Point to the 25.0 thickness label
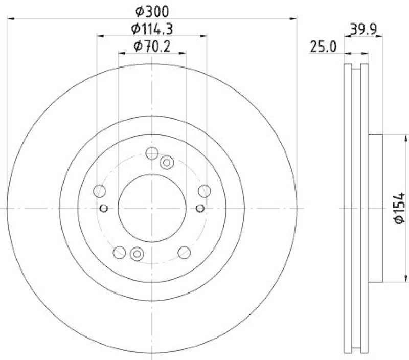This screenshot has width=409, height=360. (322, 48)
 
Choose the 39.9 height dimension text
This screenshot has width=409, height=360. (364, 30)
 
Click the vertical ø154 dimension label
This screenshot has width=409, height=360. (399, 208)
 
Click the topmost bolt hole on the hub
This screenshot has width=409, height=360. (152, 153)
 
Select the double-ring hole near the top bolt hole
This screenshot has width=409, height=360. (167, 163)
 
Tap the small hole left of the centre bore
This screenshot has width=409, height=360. (104, 208)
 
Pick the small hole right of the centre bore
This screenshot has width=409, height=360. (200, 208)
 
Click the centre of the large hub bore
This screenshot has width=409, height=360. (152, 208)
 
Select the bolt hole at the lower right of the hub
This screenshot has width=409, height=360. (184, 252)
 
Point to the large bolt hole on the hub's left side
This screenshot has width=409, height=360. (100, 191)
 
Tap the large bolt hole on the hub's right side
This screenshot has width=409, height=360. (204, 191)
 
